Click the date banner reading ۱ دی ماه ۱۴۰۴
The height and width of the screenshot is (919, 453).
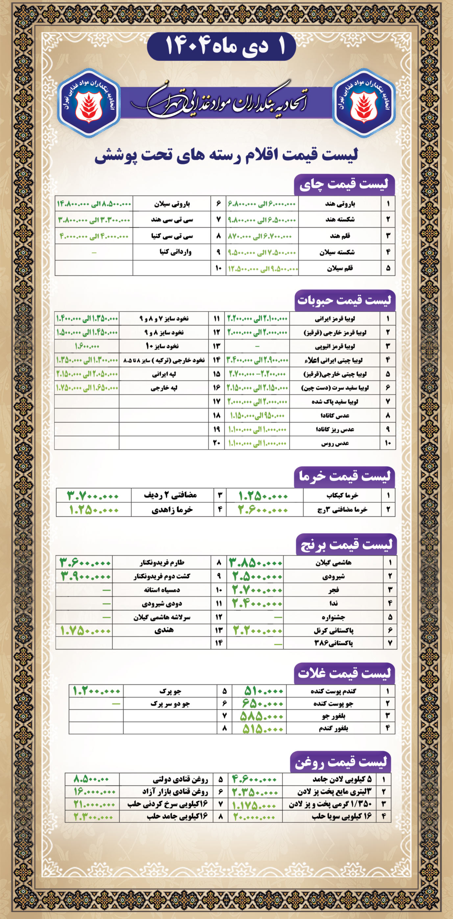click(x=221, y=46)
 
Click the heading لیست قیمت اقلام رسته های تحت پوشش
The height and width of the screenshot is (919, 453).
click(x=226, y=156)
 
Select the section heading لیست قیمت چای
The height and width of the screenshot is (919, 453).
click(x=344, y=185)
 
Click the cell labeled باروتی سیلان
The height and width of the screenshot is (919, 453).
click(x=172, y=204)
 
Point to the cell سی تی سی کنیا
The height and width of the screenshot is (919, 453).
click(x=172, y=236)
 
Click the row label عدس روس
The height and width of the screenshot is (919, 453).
click(x=335, y=444)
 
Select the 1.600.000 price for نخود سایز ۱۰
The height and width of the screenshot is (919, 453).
click(x=87, y=346)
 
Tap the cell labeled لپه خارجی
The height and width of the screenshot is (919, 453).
click(x=165, y=388)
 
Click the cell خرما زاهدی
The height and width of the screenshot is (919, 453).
click(x=172, y=510)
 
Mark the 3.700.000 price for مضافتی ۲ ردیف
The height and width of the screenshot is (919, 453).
click(x=93, y=495)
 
